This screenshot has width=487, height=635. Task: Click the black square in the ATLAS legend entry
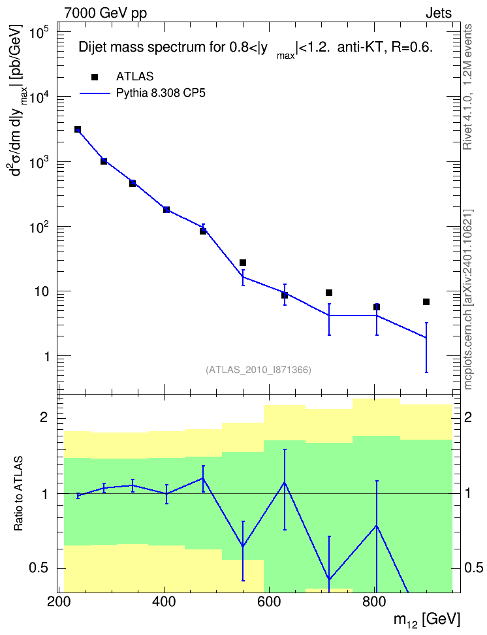[95, 77]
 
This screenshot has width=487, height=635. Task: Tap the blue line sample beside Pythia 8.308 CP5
[95, 93]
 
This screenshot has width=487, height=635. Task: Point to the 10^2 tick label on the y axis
[38, 227]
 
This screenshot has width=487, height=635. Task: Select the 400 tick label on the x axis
[164, 602]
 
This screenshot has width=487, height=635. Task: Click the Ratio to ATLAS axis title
[18, 494]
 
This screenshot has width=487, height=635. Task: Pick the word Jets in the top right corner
[439, 13]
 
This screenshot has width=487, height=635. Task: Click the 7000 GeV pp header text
[105, 13]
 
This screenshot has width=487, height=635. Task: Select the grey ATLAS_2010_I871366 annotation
[259, 370]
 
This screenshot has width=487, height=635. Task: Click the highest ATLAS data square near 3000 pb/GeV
[78, 129]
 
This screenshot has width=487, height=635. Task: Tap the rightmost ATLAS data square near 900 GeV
[426, 302]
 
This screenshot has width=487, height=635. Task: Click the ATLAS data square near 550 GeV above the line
[243, 263]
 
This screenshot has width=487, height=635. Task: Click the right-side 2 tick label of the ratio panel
[468, 417]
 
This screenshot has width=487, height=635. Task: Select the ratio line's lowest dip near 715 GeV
[329, 579]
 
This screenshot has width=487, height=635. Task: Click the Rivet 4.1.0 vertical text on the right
[467, 87]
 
